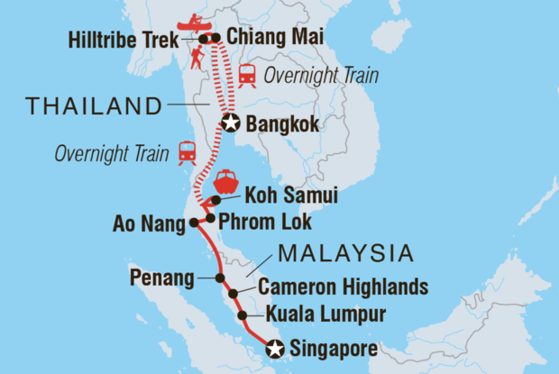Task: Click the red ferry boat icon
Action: click(225, 179)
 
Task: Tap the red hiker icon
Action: click(197, 59)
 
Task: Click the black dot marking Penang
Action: click(220, 278)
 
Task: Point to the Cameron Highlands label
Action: click(343, 287)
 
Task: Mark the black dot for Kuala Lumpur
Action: click(242, 315)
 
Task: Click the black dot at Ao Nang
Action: click(191, 223)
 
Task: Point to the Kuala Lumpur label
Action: click(325, 315)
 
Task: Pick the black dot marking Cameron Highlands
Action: click(234, 294)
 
